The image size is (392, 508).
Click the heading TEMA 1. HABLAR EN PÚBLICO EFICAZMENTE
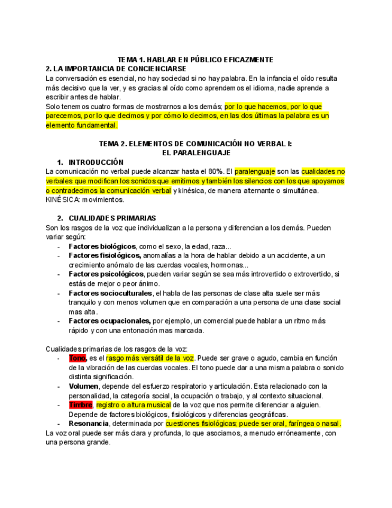pyautogui.click(x=195, y=60)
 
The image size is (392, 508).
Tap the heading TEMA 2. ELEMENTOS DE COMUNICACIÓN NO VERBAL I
pyautogui.click(x=195, y=144)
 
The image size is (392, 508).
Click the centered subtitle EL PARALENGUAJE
pyautogui.click(x=196, y=153)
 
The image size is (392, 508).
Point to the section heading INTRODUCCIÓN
pyautogui.click(x=96, y=162)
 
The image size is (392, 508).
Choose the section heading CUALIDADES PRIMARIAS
pyautogui.click(x=112, y=218)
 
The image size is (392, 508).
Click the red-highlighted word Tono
pyautogui.click(x=78, y=358)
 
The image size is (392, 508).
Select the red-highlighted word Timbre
pyautogui.click(x=81, y=405)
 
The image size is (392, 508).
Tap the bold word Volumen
pyautogui.click(x=83, y=386)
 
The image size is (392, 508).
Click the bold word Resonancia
pyautogui.click(x=89, y=424)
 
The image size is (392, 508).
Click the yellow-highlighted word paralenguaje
pyautogui.click(x=254, y=171)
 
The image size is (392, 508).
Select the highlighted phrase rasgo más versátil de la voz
pyautogui.click(x=150, y=358)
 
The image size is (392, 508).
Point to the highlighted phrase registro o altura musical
pyautogui.click(x=133, y=405)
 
